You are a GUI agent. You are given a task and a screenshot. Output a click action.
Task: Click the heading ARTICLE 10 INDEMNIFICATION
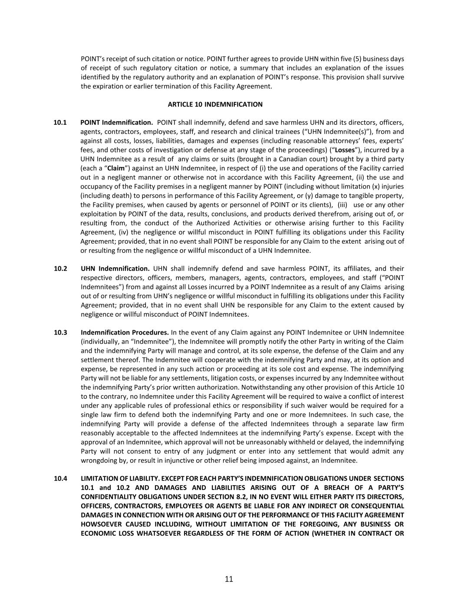(215, 104)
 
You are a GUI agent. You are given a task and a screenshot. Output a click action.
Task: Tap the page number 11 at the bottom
(229, 579)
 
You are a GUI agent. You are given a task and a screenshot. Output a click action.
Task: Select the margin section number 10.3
(60, 332)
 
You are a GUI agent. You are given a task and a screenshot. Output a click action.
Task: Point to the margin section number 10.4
(60, 478)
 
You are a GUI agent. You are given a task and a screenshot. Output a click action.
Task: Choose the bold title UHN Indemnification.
(115, 268)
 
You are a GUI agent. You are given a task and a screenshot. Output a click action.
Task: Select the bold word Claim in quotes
(116, 168)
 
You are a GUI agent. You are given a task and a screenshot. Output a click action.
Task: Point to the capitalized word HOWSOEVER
(103, 524)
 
